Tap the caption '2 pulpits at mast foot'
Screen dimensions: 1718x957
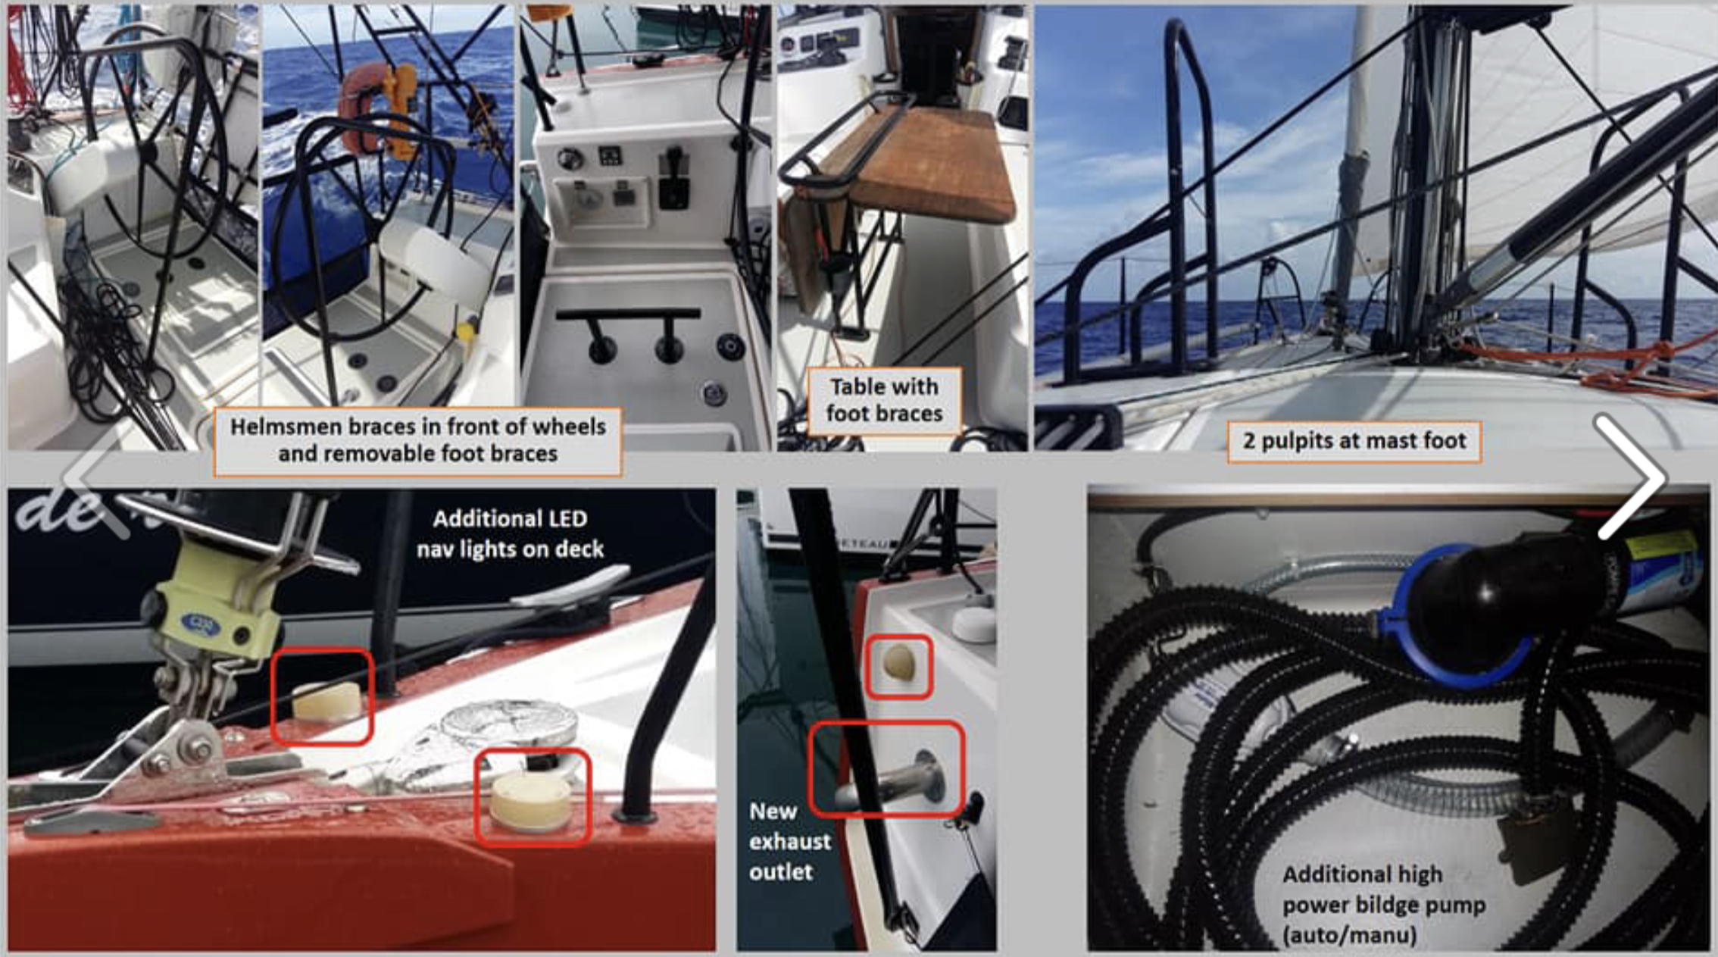(1354, 440)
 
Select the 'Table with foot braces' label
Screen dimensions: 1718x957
(884, 400)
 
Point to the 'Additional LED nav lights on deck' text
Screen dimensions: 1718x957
(510, 533)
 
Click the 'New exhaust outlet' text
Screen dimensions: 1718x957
(789, 841)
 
